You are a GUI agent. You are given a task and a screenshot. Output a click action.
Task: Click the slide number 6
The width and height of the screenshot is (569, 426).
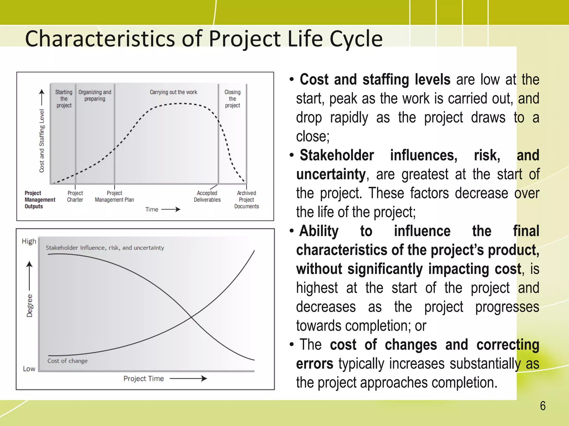point(542,406)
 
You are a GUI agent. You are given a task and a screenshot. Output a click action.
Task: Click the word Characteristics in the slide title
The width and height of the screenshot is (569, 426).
point(100,39)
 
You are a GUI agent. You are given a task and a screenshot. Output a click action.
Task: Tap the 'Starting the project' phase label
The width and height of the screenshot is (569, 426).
point(64,99)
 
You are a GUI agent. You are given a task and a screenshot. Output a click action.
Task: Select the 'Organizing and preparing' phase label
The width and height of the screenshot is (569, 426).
point(95,95)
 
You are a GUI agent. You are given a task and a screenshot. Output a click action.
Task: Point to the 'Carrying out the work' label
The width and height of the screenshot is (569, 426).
point(173,92)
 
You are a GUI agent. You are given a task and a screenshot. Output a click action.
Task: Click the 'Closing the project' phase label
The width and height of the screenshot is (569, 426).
point(233,99)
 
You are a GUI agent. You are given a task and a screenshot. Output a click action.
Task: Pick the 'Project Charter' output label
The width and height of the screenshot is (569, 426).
point(75,196)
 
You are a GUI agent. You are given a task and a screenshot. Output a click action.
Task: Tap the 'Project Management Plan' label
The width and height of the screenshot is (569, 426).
point(114,196)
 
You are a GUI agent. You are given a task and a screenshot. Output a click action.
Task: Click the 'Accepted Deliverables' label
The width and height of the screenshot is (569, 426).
point(207,196)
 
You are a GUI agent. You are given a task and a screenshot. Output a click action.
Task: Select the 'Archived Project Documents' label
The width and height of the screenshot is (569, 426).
point(246,200)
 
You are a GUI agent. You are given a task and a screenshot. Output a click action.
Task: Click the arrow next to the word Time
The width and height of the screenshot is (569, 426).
point(171,209)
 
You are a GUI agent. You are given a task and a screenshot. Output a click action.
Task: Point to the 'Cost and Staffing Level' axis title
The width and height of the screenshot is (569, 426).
point(42,141)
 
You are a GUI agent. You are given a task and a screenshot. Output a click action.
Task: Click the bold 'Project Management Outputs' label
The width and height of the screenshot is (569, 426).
point(40,200)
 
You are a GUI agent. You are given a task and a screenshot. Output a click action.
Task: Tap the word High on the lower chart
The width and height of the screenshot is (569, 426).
point(29,241)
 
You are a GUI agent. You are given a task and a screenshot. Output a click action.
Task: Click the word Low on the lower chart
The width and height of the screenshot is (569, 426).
point(29,369)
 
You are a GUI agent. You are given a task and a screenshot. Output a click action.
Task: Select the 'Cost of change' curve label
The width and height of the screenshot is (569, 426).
point(67,361)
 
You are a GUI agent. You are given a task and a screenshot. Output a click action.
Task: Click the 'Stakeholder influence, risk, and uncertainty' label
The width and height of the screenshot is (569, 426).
point(105,248)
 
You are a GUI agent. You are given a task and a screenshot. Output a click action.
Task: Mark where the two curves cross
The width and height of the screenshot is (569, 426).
point(191,317)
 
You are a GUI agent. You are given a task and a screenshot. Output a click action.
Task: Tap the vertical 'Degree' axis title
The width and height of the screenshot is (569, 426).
point(29,306)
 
